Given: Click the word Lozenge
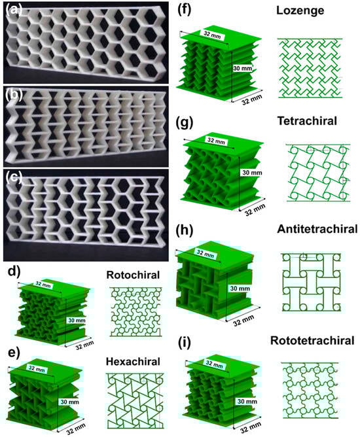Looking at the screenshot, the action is click(300, 11).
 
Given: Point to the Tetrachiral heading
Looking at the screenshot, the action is click(307, 121).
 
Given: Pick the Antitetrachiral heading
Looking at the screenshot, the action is click(317, 229).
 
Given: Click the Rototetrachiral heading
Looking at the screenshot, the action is click(312, 340).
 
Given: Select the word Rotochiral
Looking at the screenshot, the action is click(133, 275).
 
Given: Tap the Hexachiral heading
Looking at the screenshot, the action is click(133, 362).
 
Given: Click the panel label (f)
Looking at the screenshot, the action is click(184, 11).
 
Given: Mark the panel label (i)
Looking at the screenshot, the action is click(185, 343).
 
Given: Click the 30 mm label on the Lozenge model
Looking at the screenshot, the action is click(242, 68).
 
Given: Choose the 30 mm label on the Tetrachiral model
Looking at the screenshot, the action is click(252, 173).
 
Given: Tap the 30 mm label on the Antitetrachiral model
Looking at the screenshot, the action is click(240, 288).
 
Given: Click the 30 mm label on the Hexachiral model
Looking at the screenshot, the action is click(69, 402).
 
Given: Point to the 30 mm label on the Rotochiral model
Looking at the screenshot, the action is click(77, 321).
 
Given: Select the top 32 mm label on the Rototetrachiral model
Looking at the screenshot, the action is click(214, 364).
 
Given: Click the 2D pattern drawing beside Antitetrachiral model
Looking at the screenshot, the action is click(311, 282).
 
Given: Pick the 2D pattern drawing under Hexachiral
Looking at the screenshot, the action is click(135, 400).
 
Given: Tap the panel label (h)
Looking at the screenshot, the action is click(185, 230).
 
